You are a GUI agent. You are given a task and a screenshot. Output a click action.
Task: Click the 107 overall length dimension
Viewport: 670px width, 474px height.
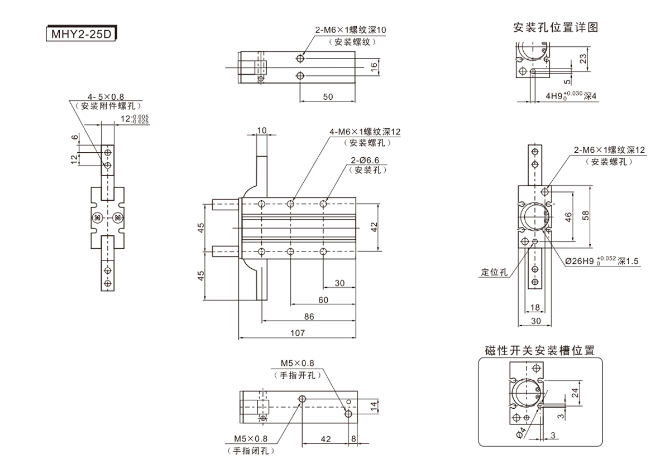(298, 333)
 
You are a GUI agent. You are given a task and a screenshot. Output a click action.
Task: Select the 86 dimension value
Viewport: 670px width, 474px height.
(309, 316)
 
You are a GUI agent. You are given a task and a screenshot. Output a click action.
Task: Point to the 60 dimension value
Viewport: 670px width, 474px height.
(323, 299)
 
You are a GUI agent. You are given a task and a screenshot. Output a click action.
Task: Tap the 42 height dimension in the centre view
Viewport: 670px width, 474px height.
(375, 227)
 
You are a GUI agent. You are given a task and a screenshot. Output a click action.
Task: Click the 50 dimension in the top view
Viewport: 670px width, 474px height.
(328, 96)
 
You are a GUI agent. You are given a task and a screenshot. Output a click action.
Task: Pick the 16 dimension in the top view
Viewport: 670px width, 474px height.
(375, 66)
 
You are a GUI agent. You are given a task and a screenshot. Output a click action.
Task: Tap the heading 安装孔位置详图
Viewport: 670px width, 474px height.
(556, 27)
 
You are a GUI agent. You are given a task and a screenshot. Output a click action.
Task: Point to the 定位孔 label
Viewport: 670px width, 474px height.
(494, 273)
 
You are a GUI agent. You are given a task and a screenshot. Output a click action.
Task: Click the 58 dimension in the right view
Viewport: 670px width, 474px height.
(585, 215)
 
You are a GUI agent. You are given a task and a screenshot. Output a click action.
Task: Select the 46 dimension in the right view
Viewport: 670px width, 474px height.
(568, 217)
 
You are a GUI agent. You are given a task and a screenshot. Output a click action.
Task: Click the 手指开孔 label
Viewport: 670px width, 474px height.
(298, 375)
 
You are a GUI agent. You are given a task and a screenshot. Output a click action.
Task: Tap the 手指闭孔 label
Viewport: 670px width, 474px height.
(250, 451)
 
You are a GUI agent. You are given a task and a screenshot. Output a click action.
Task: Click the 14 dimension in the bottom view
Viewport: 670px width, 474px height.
(374, 407)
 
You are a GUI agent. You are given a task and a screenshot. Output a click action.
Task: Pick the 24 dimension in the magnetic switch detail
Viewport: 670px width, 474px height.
(575, 393)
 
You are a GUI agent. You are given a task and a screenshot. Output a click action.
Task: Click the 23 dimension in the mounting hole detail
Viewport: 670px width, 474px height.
(582, 58)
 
